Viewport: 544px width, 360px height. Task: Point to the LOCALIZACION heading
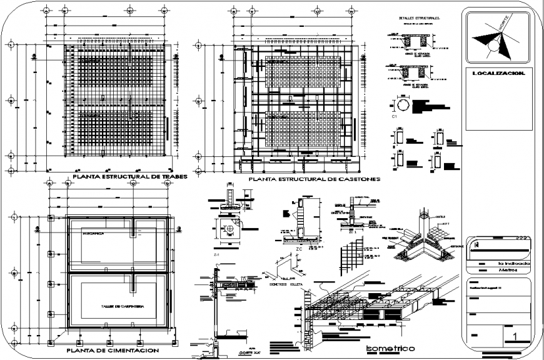click(493, 74)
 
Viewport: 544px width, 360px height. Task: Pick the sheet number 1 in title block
click(515, 337)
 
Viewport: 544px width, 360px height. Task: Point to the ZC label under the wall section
click(298, 248)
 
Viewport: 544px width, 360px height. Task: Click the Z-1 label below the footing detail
click(216, 256)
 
